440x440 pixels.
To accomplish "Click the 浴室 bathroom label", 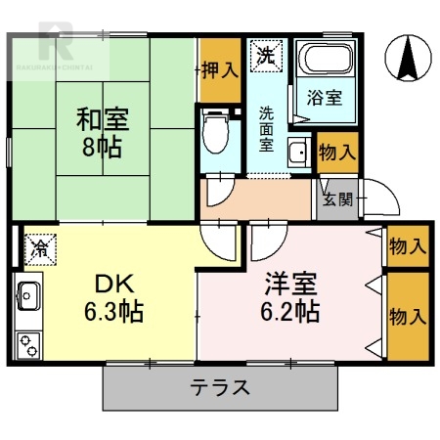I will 325,98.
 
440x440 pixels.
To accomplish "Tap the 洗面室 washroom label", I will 268,125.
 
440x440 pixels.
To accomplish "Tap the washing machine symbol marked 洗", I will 265,55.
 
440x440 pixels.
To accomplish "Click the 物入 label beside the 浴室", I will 336,153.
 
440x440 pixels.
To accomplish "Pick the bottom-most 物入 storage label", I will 407,317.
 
